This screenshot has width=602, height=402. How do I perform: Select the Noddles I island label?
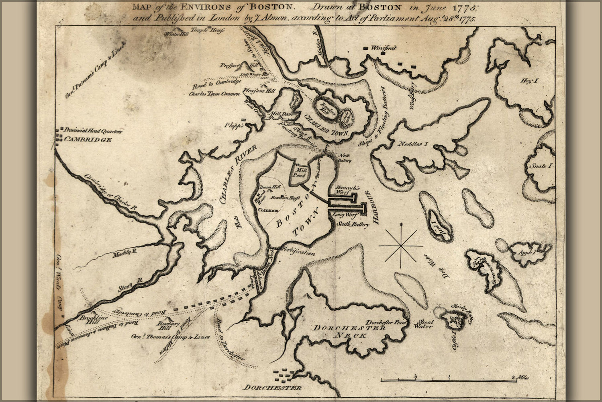tap(413, 144)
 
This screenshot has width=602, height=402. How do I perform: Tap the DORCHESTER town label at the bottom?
tap(273, 388)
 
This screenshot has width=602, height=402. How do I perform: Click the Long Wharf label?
tap(343, 215)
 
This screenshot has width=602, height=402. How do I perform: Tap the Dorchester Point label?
tap(387, 322)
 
